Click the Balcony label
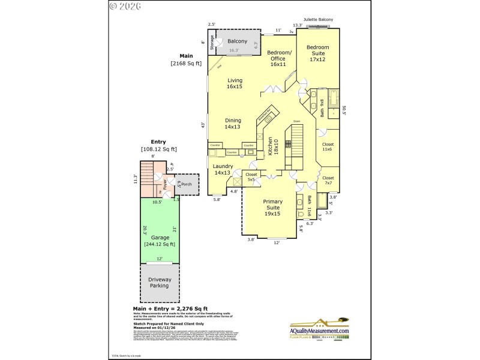[x=237, y=41]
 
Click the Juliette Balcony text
[x=318, y=19]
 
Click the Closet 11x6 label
[x=328, y=147]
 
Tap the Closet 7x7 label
[x=328, y=181]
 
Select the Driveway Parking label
[x=160, y=283]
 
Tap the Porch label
[x=187, y=185]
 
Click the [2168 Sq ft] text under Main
[x=186, y=63]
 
